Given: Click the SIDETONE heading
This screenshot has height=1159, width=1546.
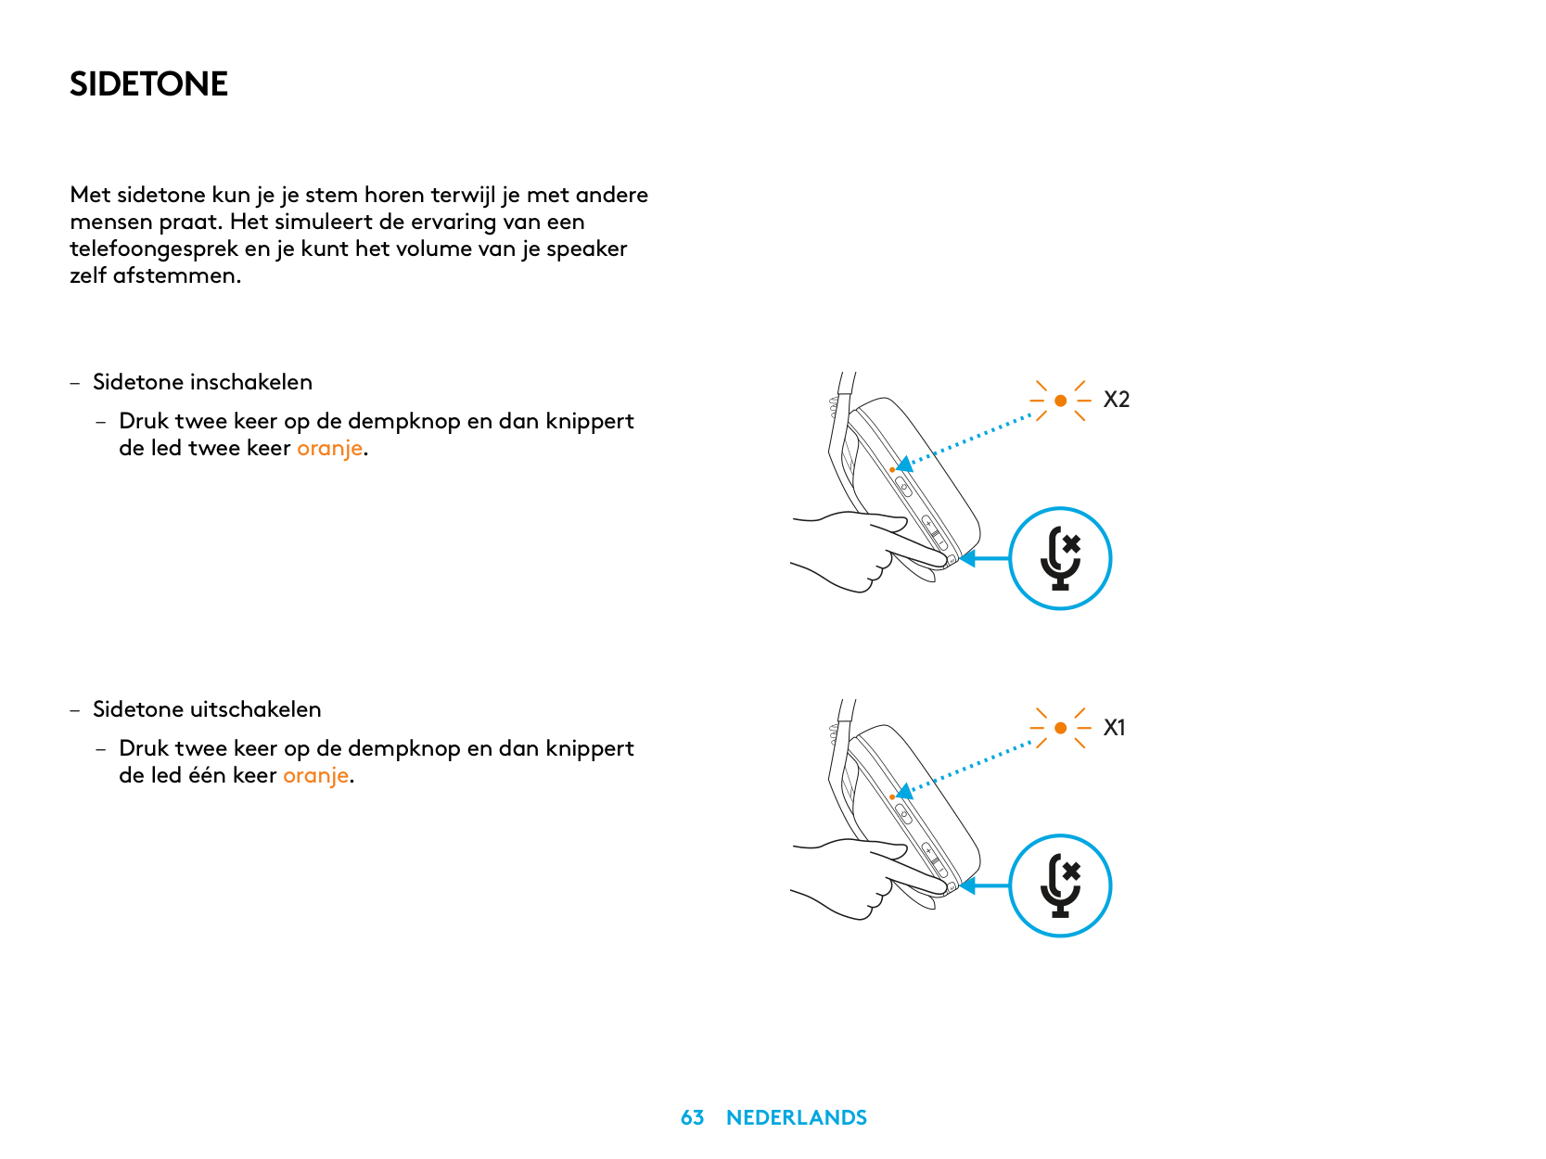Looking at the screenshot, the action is tap(148, 83).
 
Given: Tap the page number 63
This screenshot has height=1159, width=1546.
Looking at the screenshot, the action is tap(692, 1117).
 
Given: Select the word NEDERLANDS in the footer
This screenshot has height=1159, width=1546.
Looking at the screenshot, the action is tap(796, 1117).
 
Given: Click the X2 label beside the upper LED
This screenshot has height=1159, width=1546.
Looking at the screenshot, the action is tap(1116, 400).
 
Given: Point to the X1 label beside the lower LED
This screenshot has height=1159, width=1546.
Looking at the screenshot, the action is tap(1114, 727).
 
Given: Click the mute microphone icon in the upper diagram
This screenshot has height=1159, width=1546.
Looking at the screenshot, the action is tap(1060, 558).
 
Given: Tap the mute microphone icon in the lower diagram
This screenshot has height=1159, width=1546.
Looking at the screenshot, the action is tap(1060, 885).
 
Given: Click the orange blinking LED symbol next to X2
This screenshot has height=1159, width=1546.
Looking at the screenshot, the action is tap(1060, 401).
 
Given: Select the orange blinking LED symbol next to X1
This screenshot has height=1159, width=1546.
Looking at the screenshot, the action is tap(1060, 728).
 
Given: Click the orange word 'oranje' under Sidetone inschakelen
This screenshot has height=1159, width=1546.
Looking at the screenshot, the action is tap(329, 449).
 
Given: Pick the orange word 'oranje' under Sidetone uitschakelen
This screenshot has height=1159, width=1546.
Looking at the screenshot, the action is tap(315, 776).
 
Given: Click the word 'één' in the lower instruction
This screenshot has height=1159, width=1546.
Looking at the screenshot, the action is tap(207, 774).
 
